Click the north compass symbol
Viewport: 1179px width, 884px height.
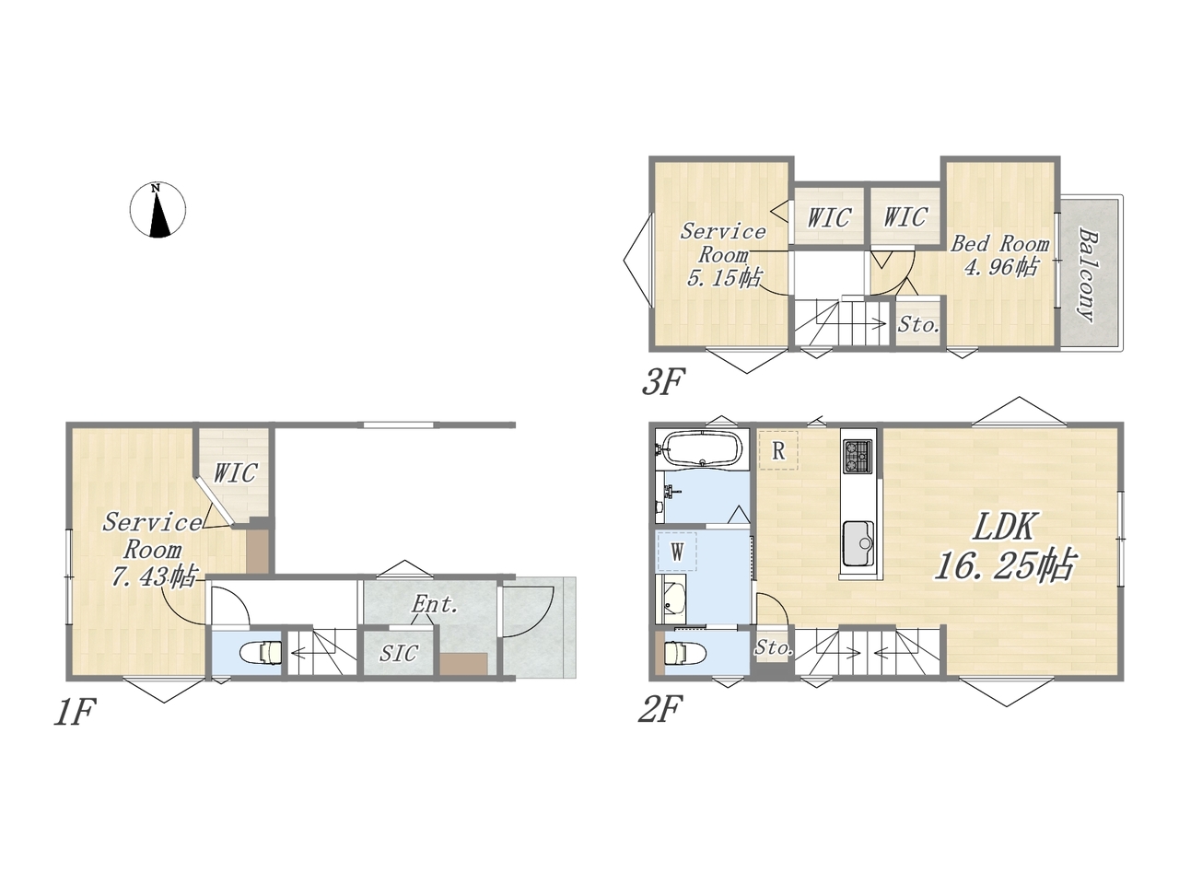158,210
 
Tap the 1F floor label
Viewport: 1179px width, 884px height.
75,712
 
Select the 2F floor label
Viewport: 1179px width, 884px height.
660,708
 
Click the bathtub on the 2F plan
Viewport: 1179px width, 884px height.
704,448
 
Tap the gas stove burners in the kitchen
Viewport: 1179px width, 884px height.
858,456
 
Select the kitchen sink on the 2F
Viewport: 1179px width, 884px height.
858,543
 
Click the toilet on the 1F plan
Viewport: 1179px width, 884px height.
262,654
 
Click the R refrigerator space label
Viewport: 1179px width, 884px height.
778,451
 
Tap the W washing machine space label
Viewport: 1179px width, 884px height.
677,552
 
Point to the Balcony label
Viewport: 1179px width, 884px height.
1089,275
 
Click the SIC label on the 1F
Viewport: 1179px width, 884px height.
399,653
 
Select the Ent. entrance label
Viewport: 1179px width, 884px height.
435,605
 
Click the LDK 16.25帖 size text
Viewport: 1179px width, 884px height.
1004,546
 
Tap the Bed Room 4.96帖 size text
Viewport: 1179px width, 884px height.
1000,255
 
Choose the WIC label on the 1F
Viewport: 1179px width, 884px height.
235,473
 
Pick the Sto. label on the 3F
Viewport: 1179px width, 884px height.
918,325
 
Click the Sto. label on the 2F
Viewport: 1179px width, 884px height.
774,648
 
